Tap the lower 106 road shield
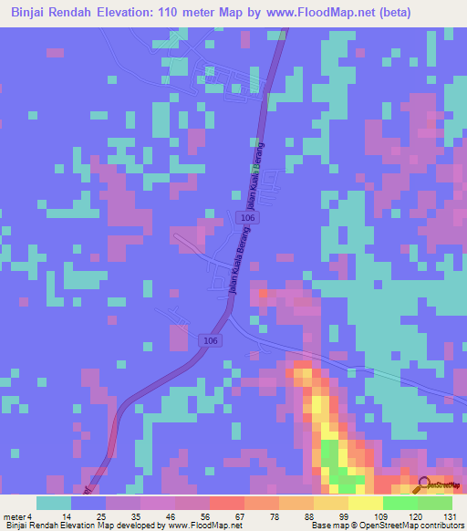(x=211, y=340)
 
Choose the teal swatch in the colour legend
(x=54, y=503)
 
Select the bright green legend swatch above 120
(x=400, y=503)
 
